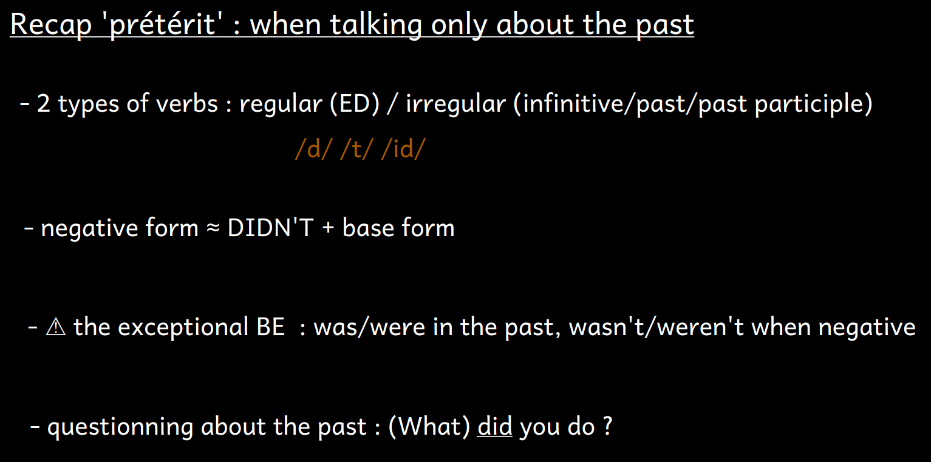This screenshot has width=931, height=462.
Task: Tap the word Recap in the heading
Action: (50, 25)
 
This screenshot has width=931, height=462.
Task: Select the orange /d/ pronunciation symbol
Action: (313, 149)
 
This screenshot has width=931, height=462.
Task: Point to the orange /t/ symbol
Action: (356, 149)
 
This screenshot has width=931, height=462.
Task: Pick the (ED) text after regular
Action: (355, 103)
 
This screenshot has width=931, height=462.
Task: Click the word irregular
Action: (456, 104)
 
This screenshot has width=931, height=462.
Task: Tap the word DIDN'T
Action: (270, 228)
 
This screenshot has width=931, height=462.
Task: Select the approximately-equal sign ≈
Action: (213, 228)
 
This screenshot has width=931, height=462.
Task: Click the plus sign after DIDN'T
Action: (328, 228)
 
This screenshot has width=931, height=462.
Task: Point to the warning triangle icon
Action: (56, 327)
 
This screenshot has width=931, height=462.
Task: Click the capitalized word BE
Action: (271, 327)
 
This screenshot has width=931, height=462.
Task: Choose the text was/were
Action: (369, 327)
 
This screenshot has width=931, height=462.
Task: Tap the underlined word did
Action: (494, 426)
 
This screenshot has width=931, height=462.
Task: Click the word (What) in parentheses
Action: (429, 427)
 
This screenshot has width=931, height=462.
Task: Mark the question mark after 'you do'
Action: (608, 426)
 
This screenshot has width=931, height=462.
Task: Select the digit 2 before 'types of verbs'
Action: (44, 103)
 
